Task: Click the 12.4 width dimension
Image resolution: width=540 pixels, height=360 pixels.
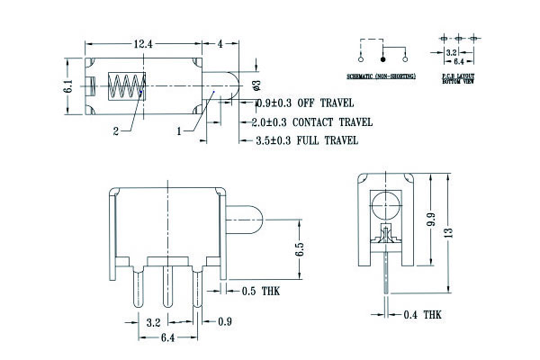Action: click(x=143, y=43)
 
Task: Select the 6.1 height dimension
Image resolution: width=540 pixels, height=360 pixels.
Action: click(x=67, y=87)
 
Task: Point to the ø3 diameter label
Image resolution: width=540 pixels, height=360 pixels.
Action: click(x=256, y=85)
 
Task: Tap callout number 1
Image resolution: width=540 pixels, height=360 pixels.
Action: click(x=179, y=130)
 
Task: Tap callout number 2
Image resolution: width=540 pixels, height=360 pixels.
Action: click(x=116, y=131)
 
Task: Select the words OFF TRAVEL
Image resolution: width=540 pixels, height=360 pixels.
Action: click(x=317, y=103)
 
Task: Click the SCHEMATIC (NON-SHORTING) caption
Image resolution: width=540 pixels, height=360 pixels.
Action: click(x=381, y=76)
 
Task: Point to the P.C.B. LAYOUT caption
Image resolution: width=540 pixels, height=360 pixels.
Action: click(x=457, y=78)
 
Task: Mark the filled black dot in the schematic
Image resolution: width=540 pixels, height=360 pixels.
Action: click(x=382, y=56)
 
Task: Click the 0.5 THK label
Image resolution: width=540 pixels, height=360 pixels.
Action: click(x=262, y=291)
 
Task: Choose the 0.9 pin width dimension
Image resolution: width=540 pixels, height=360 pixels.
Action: click(x=224, y=321)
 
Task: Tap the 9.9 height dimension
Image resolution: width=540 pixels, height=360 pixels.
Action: click(x=431, y=218)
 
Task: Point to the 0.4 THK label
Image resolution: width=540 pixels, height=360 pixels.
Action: click(x=422, y=315)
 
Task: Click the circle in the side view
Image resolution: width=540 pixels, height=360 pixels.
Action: click(x=384, y=202)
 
